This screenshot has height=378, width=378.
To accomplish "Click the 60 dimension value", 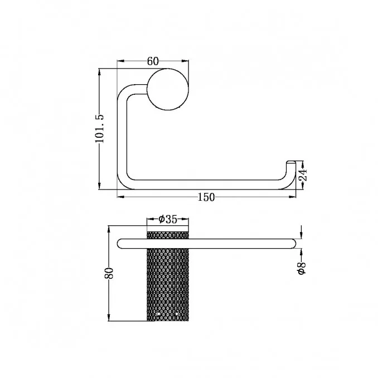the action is [x=153, y=61].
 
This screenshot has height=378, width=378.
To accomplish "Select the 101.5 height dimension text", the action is [x=99, y=128].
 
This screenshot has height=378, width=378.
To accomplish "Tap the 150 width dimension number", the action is [x=206, y=197].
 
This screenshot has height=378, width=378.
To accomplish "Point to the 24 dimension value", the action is [x=303, y=175].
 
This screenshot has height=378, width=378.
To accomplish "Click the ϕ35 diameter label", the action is [x=168, y=219].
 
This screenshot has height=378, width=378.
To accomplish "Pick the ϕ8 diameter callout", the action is [x=302, y=268].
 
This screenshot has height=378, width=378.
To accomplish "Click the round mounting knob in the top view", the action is [x=168, y=89].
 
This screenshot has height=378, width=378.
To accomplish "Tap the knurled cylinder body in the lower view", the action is [x=168, y=276].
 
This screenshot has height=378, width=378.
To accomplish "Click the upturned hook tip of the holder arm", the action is [x=290, y=163].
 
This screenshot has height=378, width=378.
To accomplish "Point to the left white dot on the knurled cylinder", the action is [x=158, y=314].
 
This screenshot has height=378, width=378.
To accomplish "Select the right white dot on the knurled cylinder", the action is [x=177, y=314].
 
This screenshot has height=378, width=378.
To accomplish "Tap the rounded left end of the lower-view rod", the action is [x=120, y=244].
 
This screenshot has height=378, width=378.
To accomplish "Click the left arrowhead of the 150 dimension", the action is [x=120, y=197].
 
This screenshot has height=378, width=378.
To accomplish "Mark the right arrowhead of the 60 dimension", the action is [x=185, y=61].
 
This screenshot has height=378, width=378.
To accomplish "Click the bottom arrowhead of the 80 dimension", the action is [x=109, y=317].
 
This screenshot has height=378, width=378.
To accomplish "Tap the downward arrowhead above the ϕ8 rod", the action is [x=301, y=235].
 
